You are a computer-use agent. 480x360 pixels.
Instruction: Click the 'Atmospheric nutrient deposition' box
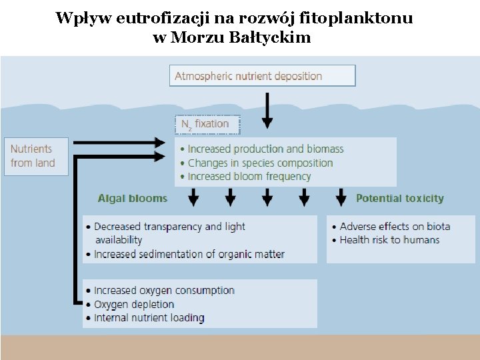click(x=262, y=76)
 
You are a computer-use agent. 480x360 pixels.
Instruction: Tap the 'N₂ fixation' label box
click(x=207, y=124)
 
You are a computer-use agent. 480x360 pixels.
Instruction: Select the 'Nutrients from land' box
click(x=36, y=156)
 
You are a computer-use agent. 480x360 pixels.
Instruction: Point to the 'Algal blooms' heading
click(x=132, y=198)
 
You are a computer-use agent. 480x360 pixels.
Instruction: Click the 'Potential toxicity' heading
click(x=399, y=198)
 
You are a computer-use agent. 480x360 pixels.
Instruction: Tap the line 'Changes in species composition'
click(x=260, y=163)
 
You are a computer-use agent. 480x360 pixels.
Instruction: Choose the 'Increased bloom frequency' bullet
click(x=249, y=177)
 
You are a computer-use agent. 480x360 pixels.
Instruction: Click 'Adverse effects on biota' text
click(x=395, y=226)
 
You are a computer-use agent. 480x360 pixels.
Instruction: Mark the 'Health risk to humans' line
click(x=389, y=239)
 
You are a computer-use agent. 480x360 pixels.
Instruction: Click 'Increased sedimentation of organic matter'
click(x=189, y=254)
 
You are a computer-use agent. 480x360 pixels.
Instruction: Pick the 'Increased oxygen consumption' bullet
click(x=164, y=291)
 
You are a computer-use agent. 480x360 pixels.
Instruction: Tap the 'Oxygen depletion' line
click(x=134, y=304)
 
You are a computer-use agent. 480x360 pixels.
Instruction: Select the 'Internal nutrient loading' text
click(x=149, y=318)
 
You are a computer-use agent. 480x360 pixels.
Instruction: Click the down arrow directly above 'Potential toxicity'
click(x=341, y=197)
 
